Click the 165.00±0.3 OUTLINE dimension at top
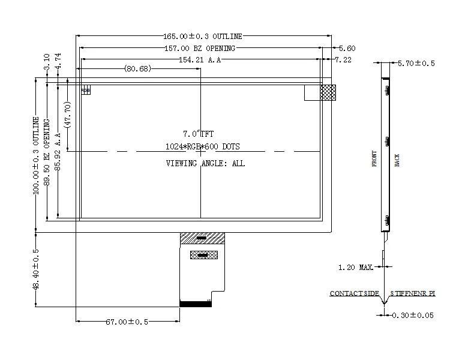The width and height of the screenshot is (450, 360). click(x=203, y=37)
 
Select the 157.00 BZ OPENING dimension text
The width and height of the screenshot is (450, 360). click(x=200, y=48)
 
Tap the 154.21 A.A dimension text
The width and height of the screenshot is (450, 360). click(x=200, y=59)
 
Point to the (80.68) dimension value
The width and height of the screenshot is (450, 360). click(x=137, y=68)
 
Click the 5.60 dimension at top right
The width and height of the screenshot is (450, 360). click(x=347, y=48)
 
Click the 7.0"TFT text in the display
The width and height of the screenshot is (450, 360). click(x=198, y=133)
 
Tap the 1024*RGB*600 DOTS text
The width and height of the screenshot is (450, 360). click(x=203, y=146)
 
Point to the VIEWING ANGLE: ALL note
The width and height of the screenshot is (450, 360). click(x=205, y=163)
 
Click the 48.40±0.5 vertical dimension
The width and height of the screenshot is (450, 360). click(x=35, y=269)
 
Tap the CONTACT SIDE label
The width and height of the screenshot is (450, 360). click(x=354, y=293)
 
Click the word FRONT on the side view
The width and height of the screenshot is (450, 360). click(x=375, y=158)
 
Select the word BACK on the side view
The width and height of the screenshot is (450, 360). click(x=397, y=160)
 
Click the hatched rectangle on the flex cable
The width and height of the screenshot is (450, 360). click(x=203, y=255)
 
